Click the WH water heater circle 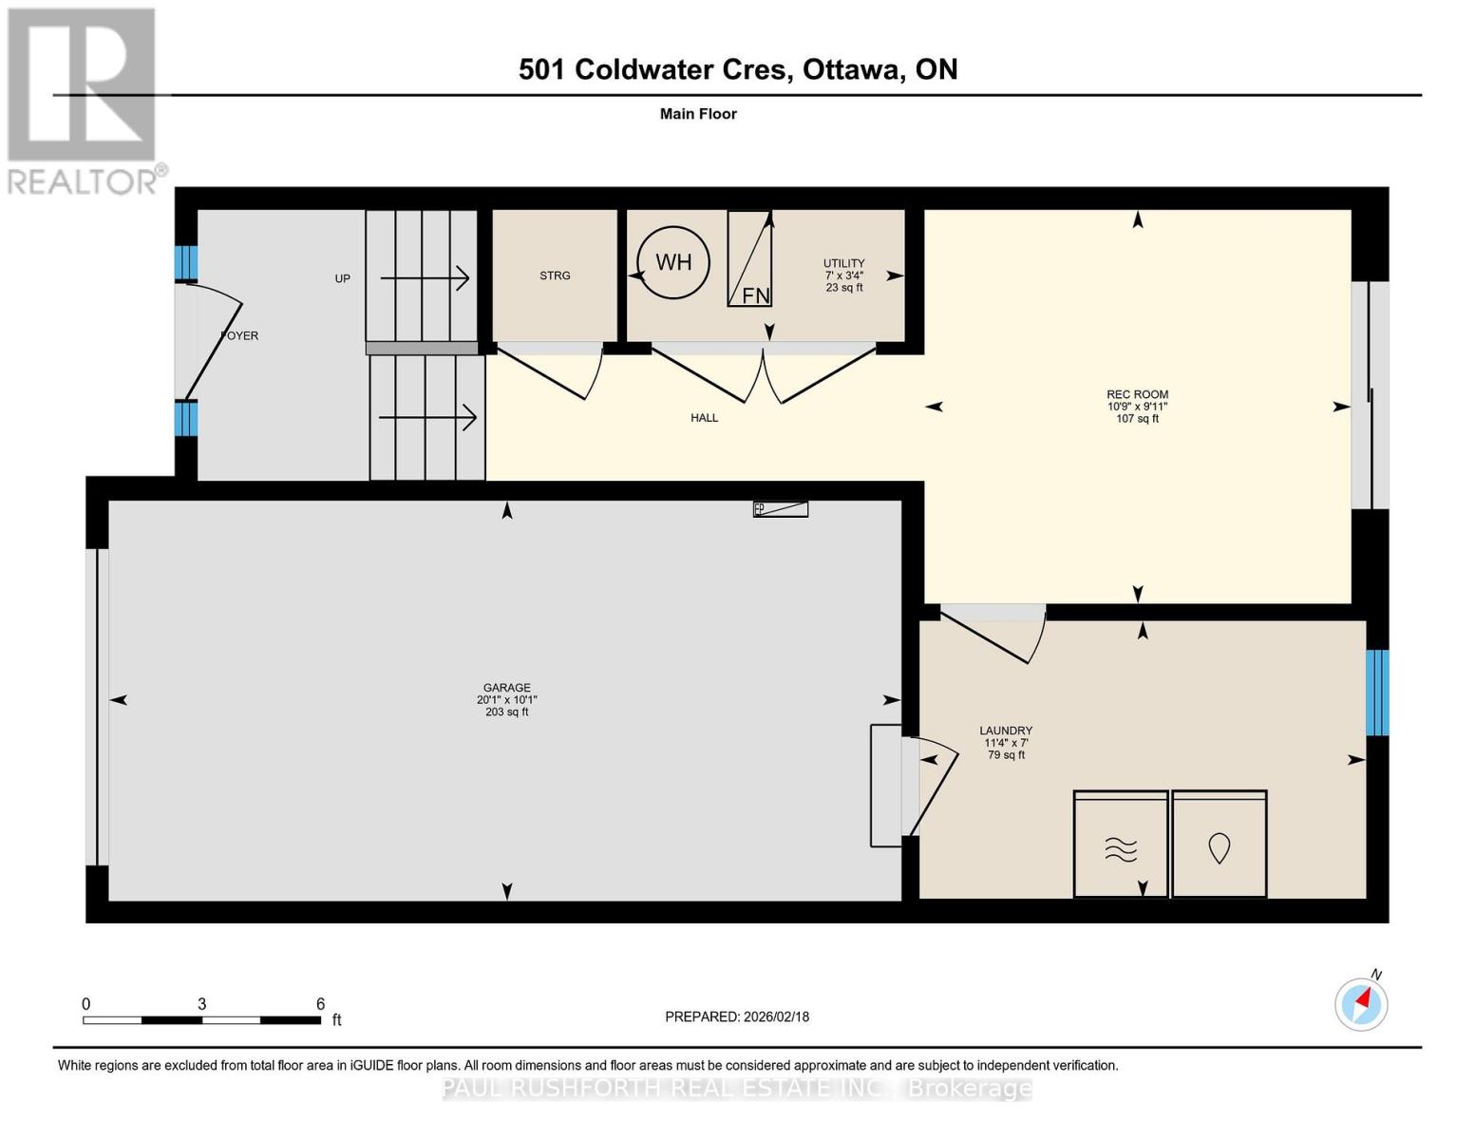(x=673, y=262)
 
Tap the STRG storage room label (x=555, y=275)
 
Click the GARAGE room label (x=506, y=688)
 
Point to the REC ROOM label (x=1137, y=394)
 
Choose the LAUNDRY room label (x=1006, y=731)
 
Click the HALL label (x=704, y=418)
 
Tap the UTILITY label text (x=843, y=263)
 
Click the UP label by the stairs (x=342, y=278)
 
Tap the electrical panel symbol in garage (x=781, y=509)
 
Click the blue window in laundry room (x=1376, y=693)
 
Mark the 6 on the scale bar (x=320, y=1004)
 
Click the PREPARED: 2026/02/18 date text (x=737, y=1016)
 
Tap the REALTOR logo (x=83, y=100)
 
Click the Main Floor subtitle (x=698, y=114)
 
